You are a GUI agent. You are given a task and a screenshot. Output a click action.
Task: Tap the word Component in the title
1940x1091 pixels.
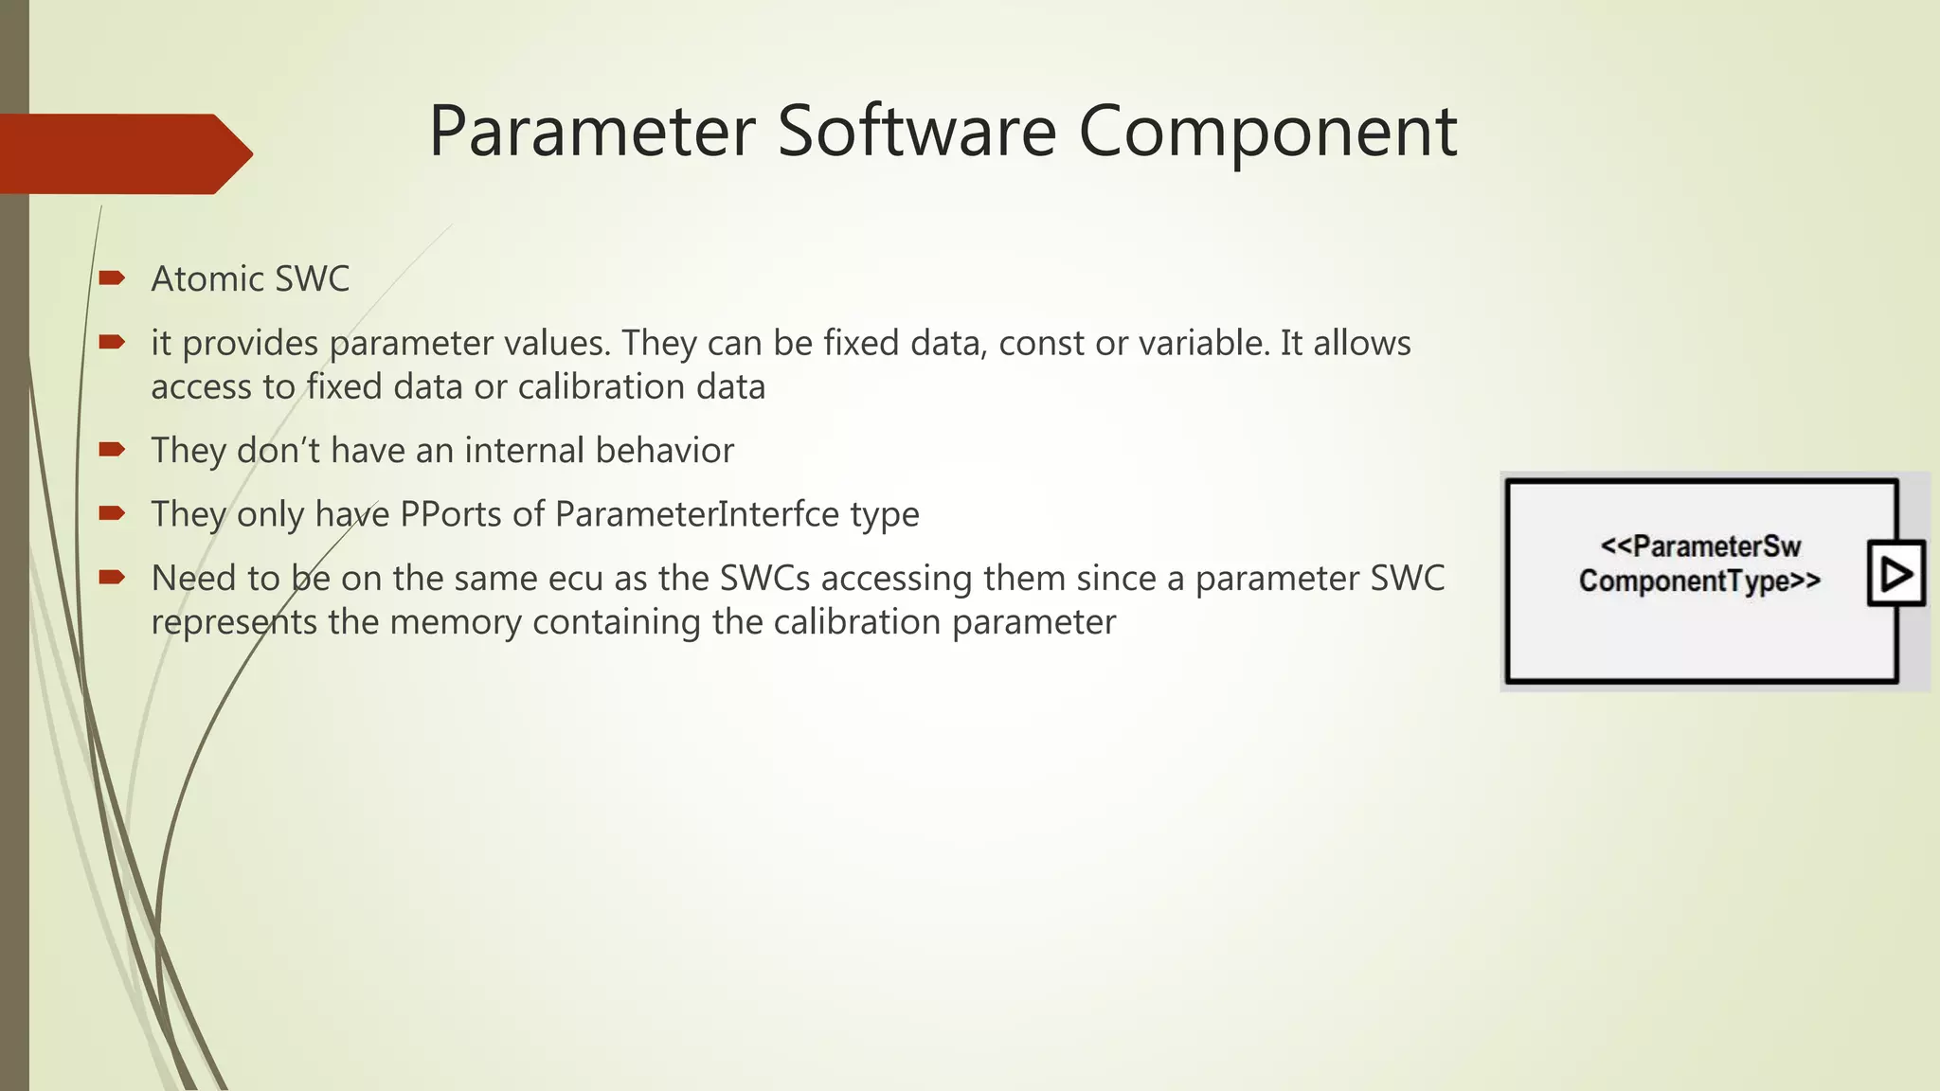point(1267,132)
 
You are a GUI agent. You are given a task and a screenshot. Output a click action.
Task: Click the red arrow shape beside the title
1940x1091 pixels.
point(123,153)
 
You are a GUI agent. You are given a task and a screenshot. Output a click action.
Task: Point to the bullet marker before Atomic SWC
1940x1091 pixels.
point(112,277)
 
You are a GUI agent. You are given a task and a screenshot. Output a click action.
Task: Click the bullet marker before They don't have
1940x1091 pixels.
point(112,449)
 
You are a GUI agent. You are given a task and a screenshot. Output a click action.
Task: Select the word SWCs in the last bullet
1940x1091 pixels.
point(764,579)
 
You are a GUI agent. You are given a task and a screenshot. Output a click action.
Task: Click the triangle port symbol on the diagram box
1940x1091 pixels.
point(1896,574)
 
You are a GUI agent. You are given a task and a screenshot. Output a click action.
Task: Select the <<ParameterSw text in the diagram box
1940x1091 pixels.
point(1700,546)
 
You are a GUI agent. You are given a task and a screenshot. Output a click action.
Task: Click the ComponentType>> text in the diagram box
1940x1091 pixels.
point(1699,581)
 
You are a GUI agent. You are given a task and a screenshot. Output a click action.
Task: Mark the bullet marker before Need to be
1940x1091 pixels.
point(112,577)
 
